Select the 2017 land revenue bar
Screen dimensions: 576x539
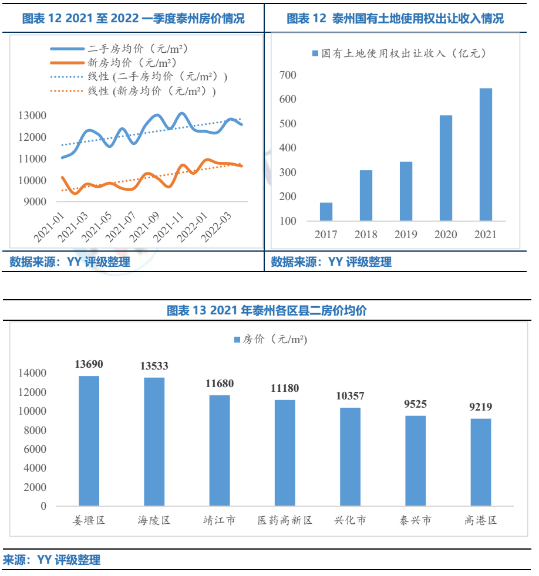pos(326,212)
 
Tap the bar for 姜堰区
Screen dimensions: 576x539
pos(89,441)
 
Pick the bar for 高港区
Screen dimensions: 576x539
pos(481,462)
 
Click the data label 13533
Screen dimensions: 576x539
pos(154,366)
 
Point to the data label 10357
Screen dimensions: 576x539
pos(351,396)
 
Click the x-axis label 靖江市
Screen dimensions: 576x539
pos(220,520)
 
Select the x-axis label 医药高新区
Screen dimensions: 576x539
pos(285,520)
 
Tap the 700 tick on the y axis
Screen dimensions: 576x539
pos(288,75)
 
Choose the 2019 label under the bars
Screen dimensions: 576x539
pos(406,235)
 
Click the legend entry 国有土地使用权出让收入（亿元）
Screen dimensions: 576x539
pos(399,53)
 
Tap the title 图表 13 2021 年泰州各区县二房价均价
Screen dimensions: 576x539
pos(267,310)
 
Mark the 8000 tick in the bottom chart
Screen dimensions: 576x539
pos(36,430)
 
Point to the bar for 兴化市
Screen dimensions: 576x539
pos(351,457)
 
